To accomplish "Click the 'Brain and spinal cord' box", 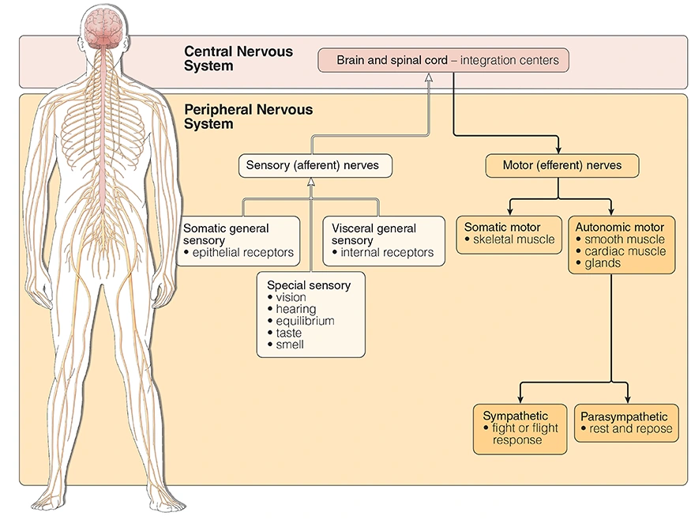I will [442, 60].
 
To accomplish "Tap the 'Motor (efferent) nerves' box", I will [561, 166].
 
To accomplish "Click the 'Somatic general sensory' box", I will [238, 240].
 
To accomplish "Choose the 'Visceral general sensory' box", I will [382, 240].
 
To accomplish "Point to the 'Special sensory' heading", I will [309, 285].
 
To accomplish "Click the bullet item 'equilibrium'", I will [305, 321].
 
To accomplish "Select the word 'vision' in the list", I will [291, 297].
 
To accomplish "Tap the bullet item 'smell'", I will [290, 345].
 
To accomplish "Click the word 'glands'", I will [603, 263].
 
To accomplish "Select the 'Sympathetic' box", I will [520, 428].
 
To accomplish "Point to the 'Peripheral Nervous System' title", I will [248, 117].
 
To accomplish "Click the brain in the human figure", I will [104, 25].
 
